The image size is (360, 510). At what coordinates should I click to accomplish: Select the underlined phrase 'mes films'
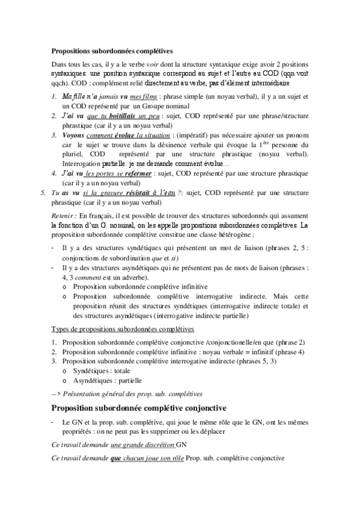144,96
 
